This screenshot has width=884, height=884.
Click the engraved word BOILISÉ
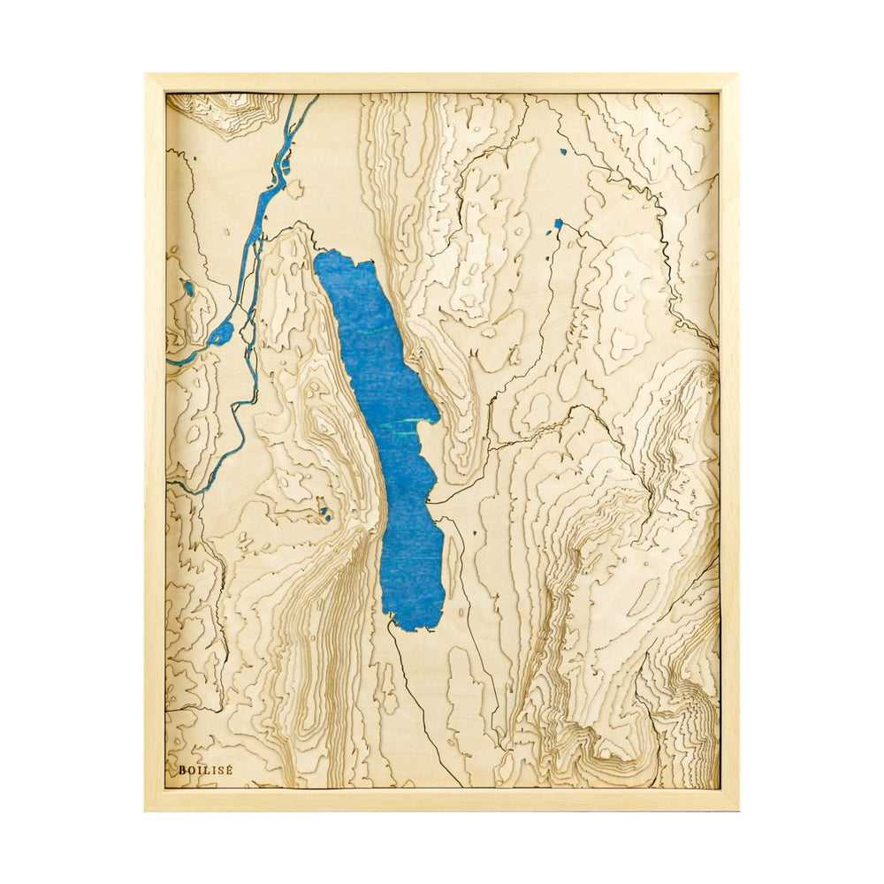point(205,770)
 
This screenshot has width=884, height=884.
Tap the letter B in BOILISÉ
point(182,770)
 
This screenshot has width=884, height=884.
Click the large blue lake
point(393,424)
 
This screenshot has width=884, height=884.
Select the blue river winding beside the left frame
point(256,230)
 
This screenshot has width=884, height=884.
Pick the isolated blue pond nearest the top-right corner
point(562,152)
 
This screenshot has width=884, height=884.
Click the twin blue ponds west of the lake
point(326,512)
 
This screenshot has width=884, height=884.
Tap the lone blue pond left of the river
point(188,287)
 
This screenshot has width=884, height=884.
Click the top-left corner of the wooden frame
point(147,75)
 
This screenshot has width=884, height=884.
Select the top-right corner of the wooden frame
point(736,75)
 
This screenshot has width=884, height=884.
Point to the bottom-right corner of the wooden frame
point(737,809)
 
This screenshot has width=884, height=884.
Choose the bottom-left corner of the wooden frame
point(147,809)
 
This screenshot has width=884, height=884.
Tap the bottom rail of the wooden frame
point(442,799)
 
